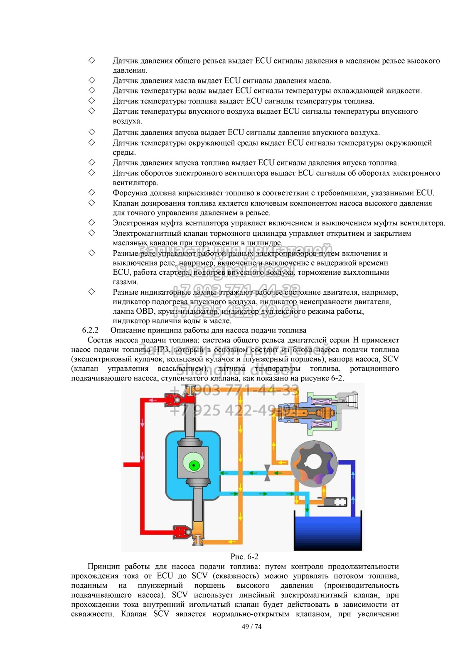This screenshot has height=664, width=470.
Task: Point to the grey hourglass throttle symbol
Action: [267, 473]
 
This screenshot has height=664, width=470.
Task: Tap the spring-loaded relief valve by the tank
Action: [336, 502]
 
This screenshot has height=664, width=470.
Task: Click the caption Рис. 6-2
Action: [244, 557]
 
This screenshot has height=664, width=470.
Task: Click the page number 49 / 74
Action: [251, 627]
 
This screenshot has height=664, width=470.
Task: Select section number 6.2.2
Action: [90, 330]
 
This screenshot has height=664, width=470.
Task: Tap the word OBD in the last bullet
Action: [145, 311]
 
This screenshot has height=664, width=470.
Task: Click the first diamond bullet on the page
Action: [91, 61]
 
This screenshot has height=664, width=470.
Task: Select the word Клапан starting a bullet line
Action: [125, 203]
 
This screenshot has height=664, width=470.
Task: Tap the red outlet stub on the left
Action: [130, 464]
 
